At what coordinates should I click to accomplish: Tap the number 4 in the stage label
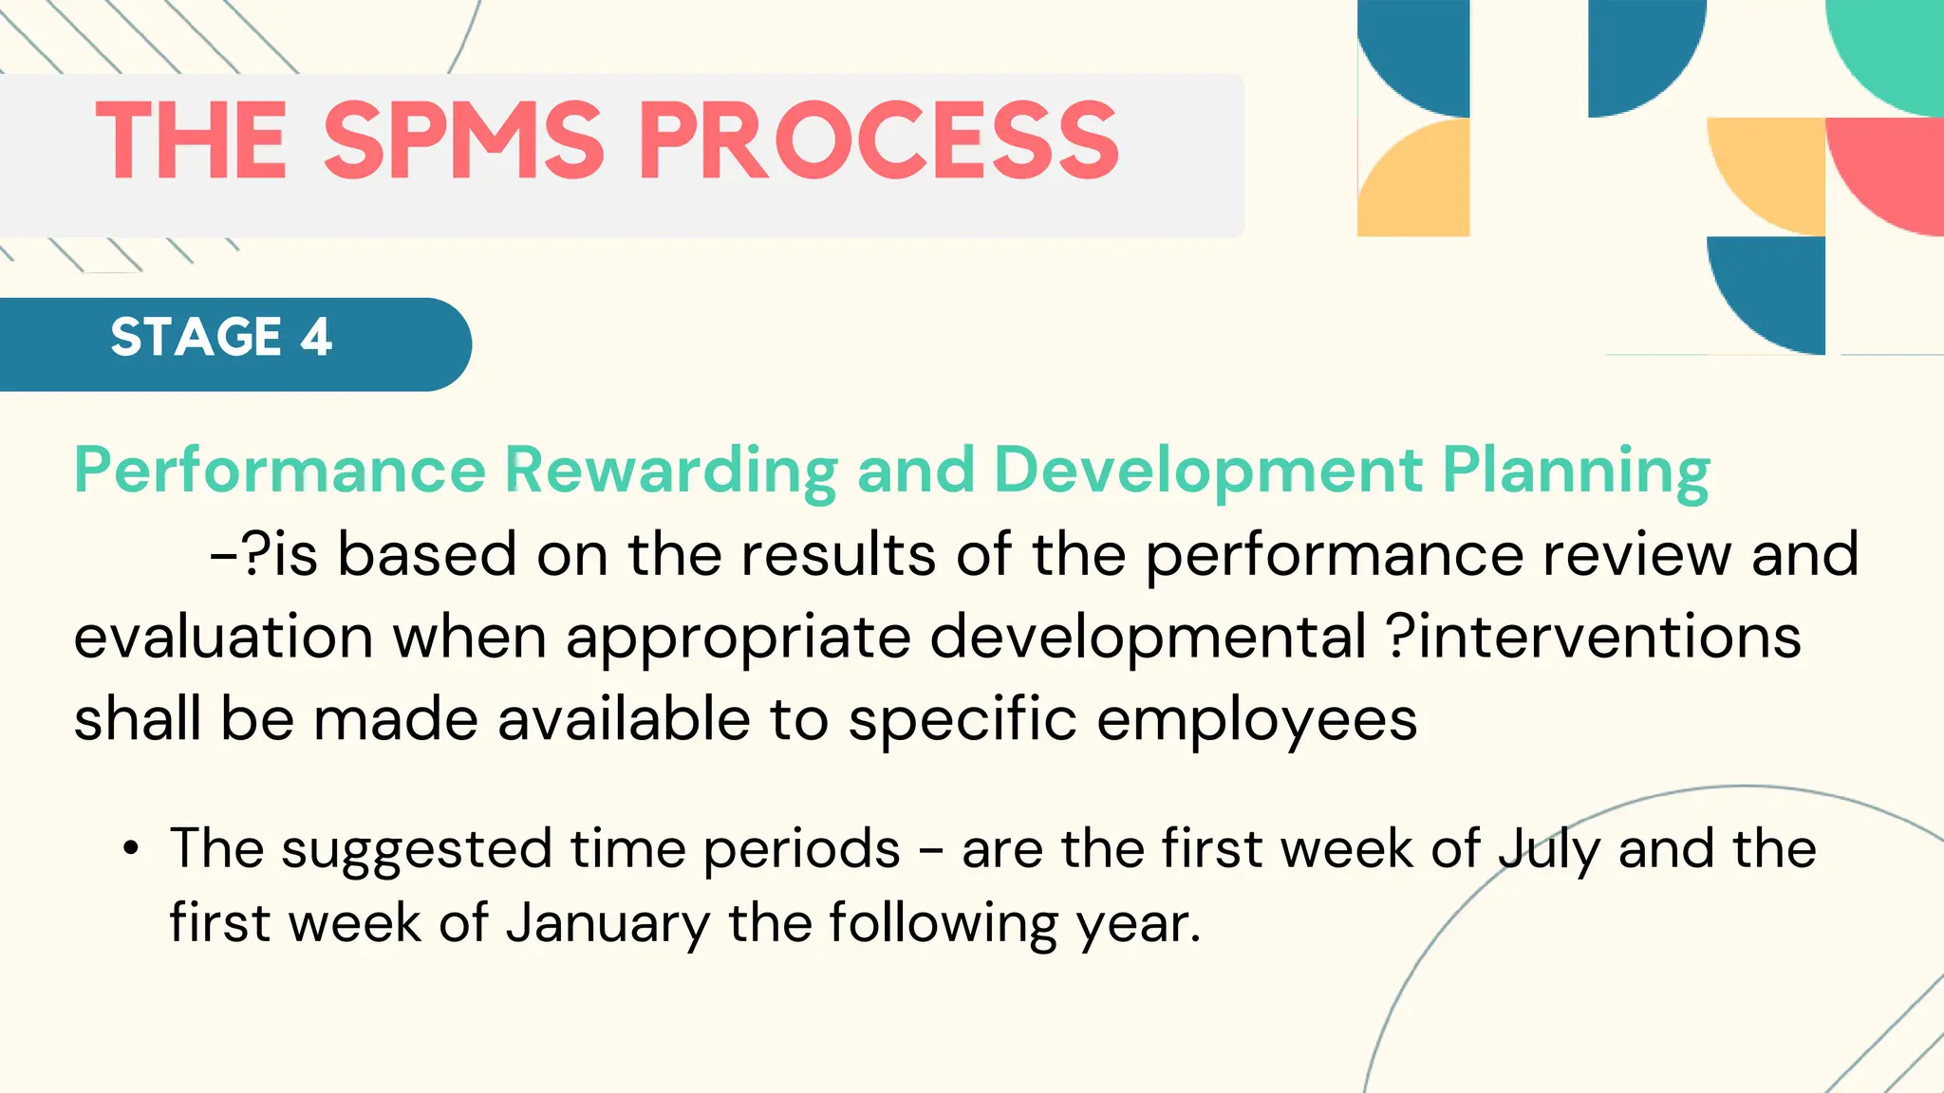316,337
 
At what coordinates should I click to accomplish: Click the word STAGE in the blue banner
196,337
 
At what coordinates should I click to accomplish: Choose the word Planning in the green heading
1576,471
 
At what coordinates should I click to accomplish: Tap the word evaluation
223,637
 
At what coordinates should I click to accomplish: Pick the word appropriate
738,637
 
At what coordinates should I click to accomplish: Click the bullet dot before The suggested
131,847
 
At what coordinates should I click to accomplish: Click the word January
607,923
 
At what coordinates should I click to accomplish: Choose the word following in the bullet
943,923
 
